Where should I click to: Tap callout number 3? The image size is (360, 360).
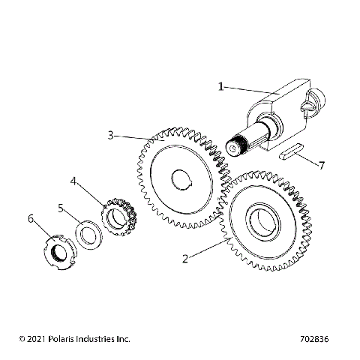110,136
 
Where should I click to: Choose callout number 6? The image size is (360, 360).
31,218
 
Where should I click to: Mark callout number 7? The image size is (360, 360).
322,163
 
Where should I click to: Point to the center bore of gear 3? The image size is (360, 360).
182,179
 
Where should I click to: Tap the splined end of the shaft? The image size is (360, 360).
236,145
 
